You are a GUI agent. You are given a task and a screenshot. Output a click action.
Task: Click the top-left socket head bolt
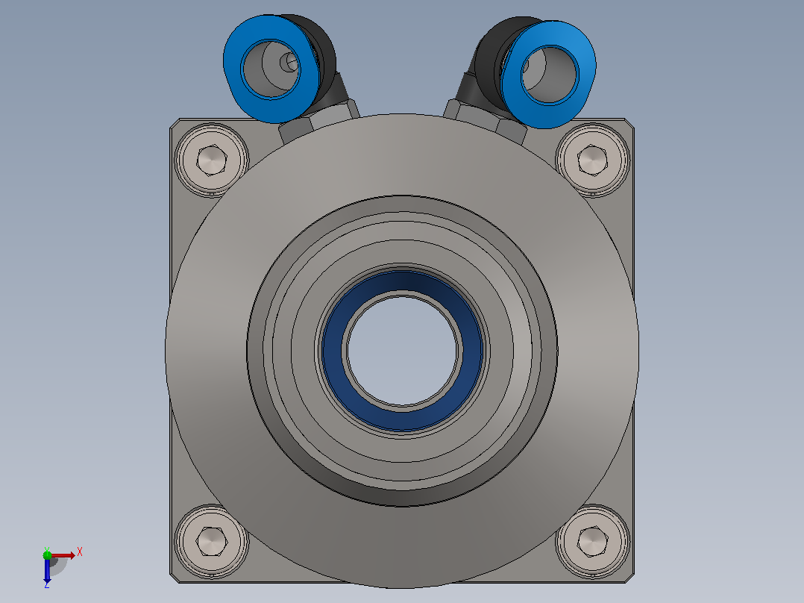[211, 160]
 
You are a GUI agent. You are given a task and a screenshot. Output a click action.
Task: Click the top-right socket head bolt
[593, 160]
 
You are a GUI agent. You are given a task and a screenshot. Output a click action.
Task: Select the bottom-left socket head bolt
[211, 542]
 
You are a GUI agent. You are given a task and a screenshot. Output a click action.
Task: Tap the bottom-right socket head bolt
[593, 542]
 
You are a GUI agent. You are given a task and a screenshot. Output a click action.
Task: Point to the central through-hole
[403, 350]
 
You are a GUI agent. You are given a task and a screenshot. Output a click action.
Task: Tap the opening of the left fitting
[270, 69]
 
